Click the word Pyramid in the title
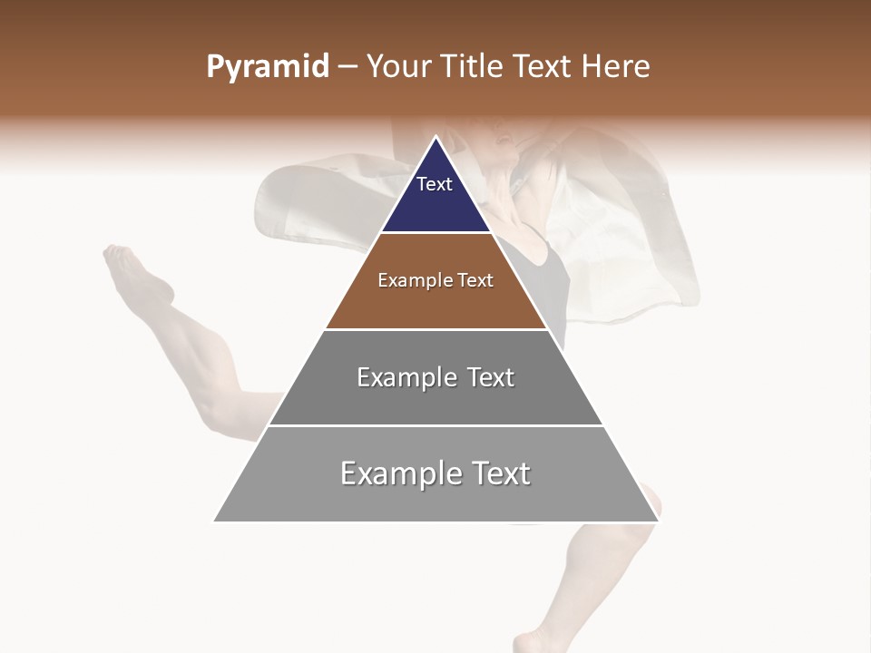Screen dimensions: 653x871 point(267,67)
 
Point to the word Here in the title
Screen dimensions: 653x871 point(616,67)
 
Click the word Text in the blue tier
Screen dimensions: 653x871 point(435,184)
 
